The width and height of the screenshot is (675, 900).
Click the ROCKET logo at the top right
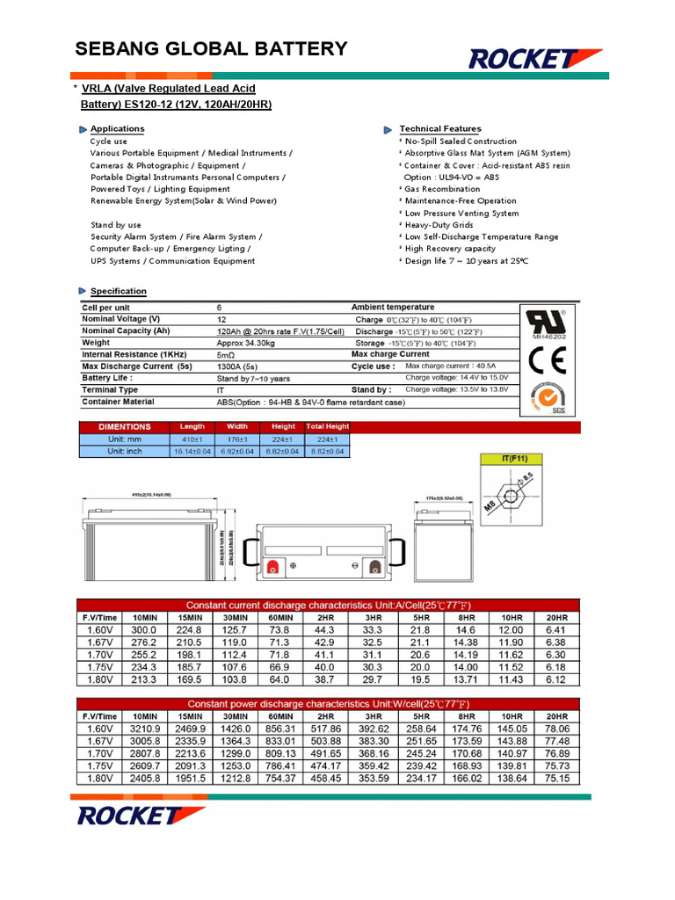pos(535,58)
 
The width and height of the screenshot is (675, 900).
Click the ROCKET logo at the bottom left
pos(139,815)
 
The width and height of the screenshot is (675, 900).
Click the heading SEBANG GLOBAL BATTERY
pos(211,49)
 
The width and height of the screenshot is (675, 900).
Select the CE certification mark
pos(548,360)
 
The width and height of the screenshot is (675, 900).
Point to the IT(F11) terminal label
pos(516,458)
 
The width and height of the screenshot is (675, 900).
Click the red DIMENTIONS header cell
pos(124,426)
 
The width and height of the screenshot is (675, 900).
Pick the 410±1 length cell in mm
pos(192,439)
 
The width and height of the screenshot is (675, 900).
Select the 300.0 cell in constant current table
pos(143,630)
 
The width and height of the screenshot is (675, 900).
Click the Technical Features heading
pos(440,129)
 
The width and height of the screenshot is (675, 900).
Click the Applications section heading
pos(117,129)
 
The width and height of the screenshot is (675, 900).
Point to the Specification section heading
pos(119,291)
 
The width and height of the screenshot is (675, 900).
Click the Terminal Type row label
pos(110,389)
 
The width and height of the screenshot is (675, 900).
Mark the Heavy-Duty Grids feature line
pos(439,225)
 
